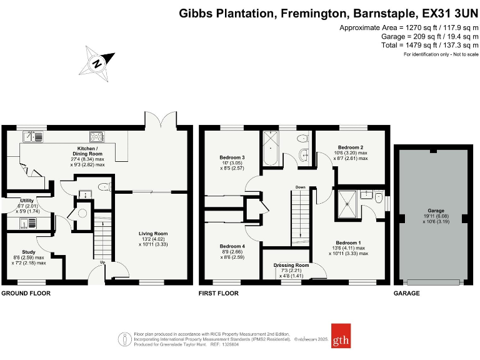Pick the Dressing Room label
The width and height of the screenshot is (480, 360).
click(292, 265)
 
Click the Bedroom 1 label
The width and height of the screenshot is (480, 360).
click(348, 242)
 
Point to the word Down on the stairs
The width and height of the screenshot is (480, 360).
click(301, 187)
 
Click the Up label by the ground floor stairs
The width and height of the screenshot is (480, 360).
click(102, 262)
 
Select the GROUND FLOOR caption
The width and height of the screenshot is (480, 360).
click(26, 293)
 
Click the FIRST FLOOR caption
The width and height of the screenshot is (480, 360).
click(219, 293)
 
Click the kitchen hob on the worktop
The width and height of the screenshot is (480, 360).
click(97, 136)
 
